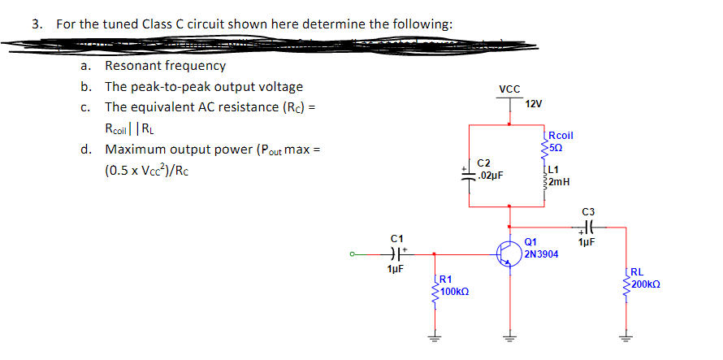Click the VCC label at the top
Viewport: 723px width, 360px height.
(x=509, y=89)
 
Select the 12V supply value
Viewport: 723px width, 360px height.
(x=534, y=105)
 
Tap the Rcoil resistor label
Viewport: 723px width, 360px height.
(x=561, y=136)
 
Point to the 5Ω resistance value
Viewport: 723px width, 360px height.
(x=556, y=147)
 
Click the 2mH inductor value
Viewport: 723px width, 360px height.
(x=559, y=182)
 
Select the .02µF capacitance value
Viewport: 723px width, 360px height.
(x=491, y=175)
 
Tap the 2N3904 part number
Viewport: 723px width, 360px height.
(x=542, y=254)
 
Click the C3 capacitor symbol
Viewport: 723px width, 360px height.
(x=586, y=228)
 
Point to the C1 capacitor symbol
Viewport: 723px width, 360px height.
(x=396, y=253)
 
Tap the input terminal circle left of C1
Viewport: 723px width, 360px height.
(x=352, y=253)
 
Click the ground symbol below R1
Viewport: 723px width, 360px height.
(x=435, y=340)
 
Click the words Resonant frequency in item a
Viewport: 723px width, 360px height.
(x=165, y=66)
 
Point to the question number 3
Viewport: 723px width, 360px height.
(x=36, y=24)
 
